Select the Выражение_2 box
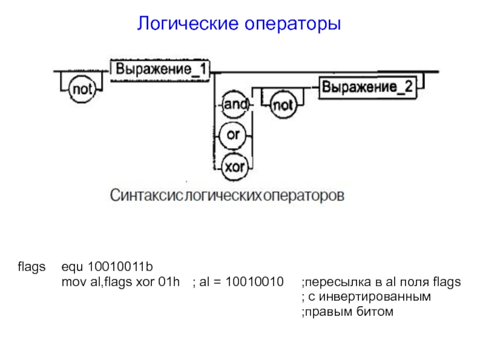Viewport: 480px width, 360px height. pos(368,87)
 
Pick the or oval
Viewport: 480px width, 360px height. pos(233,134)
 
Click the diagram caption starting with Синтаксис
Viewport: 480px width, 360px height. pos(227,196)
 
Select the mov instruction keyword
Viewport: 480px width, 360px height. pos(71,282)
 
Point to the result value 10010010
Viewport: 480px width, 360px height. pos(254,282)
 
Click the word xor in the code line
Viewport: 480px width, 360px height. pos(147,282)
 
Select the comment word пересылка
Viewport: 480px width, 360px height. pos(333,282)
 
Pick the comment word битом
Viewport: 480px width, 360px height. pos(377,312)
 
